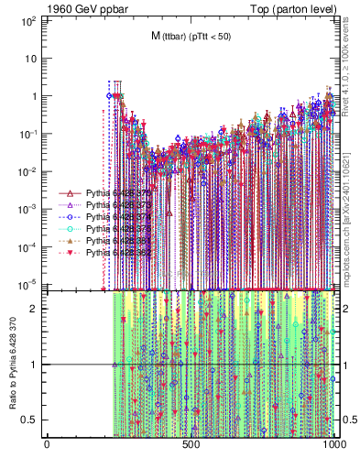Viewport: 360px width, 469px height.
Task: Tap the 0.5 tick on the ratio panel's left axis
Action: coord(32,420)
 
